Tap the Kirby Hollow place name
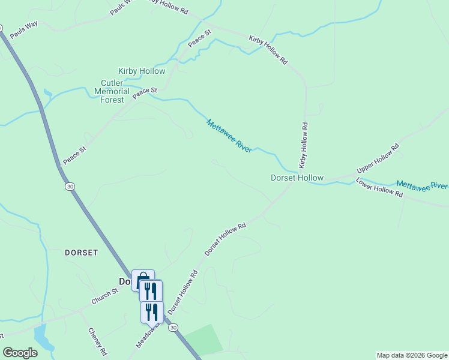pos(142,71)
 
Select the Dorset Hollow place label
pos(297,178)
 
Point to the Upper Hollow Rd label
pos(378,158)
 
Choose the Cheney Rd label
pos(97,341)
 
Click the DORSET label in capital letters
pos(81,253)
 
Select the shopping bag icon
pos(143,280)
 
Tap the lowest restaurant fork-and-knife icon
pos(152,312)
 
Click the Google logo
pos(20,353)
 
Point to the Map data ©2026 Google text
pos(412,355)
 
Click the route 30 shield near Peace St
pos(71,187)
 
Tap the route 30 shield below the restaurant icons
pos(173,327)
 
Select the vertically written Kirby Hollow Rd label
pos(304,146)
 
